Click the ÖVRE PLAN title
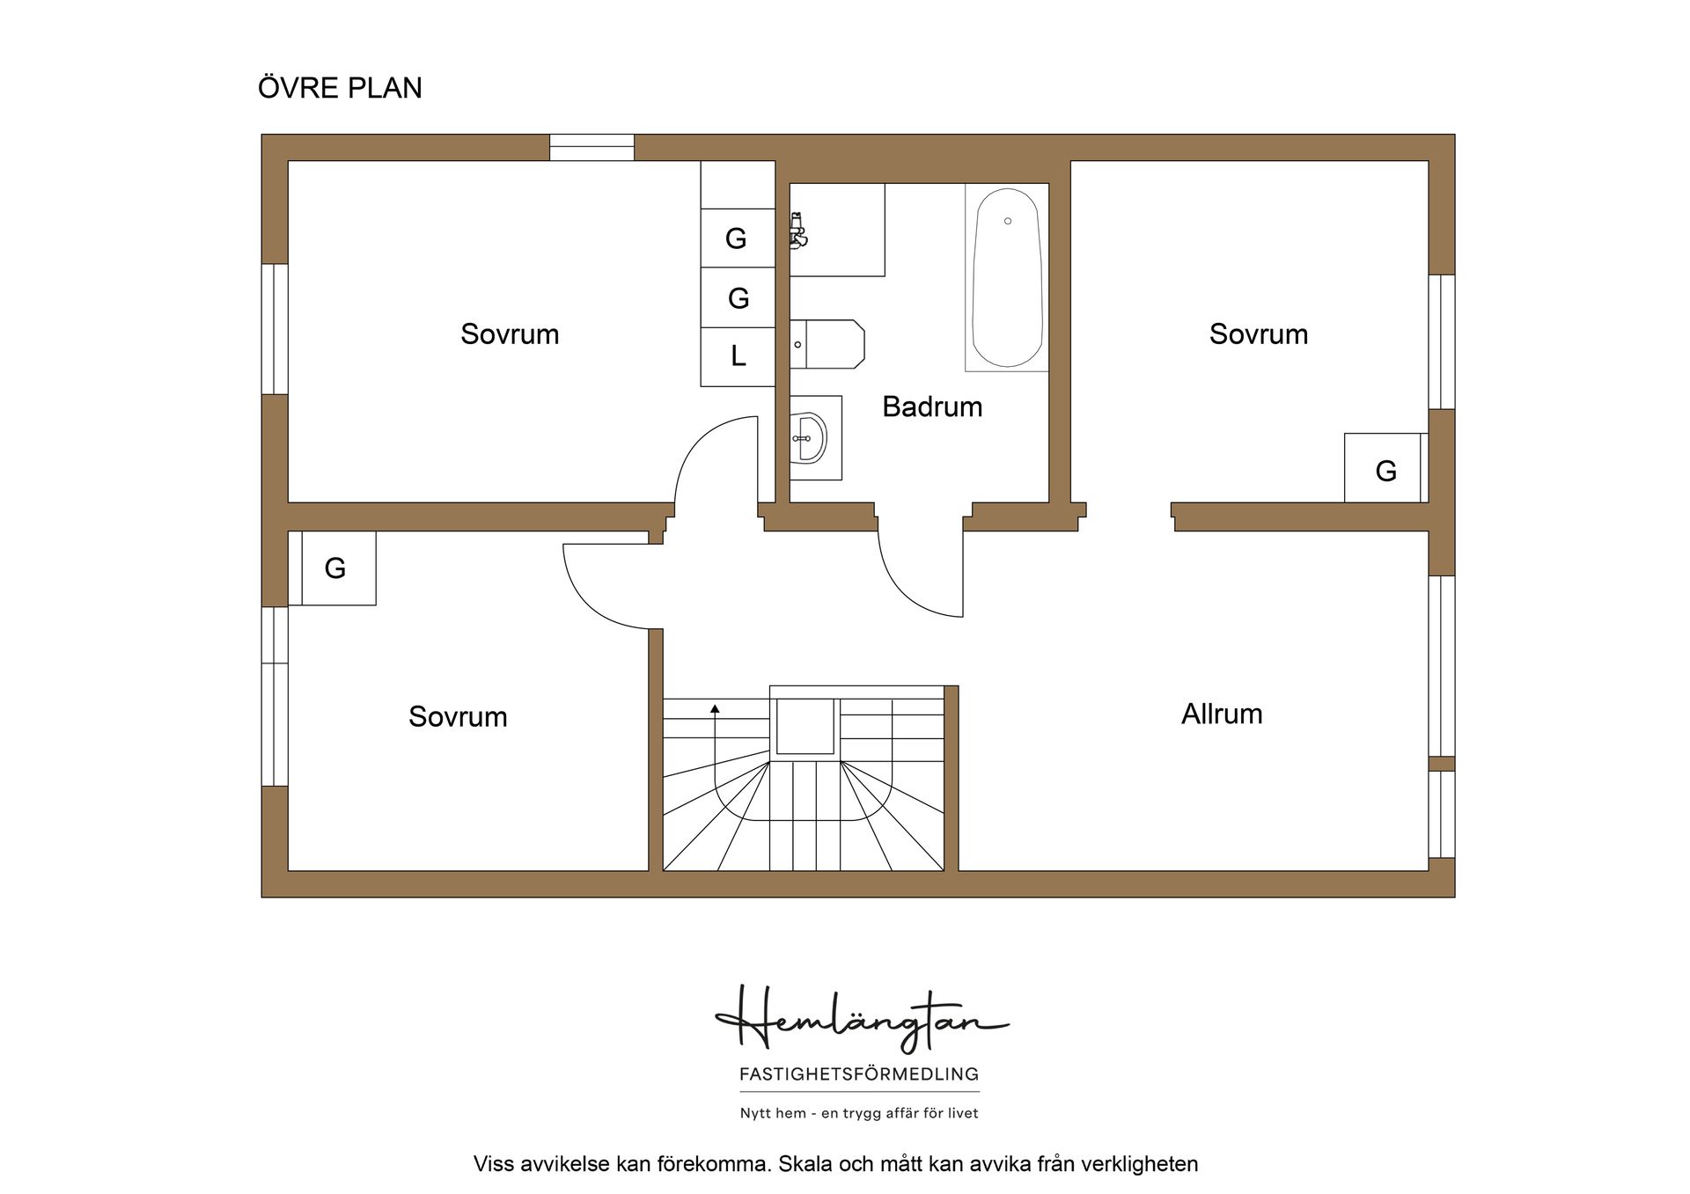point(340,87)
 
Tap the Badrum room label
point(932,407)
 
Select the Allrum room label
point(1222,714)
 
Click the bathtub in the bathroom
point(1007,277)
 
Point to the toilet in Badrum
point(827,344)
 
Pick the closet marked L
point(738,356)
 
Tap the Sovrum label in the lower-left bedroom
point(458,716)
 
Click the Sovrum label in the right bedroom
point(1259,333)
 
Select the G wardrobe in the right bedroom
point(1383,468)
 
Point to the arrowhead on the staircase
point(715,708)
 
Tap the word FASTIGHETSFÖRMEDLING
point(859,1073)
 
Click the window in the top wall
point(591,147)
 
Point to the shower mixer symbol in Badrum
point(798,231)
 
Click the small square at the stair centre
point(805,727)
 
